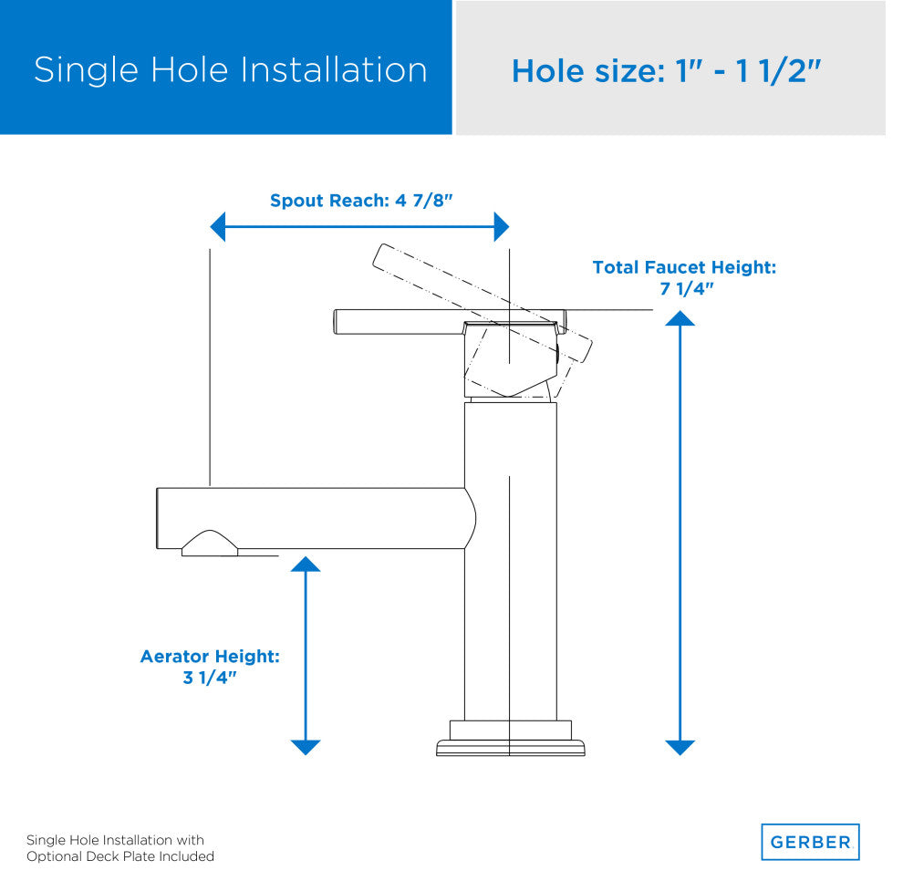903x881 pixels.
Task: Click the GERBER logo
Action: (810, 842)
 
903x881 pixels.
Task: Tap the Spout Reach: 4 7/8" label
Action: (361, 201)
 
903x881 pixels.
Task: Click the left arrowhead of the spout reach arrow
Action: (217, 227)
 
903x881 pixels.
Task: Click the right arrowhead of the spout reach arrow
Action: (502, 227)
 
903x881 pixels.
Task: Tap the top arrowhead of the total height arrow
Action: (680, 318)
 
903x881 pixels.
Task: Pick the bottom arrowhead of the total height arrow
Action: (680, 748)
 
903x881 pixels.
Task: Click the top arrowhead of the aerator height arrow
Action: (306, 564)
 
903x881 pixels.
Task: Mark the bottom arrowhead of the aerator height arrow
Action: (306, 748)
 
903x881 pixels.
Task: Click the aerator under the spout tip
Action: (210, 544)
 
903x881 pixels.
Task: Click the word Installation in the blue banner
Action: (334, 70)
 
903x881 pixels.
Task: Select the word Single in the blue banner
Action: (87, 71)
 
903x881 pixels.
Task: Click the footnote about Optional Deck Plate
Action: (120, 848)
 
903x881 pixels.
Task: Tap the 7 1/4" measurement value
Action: (687, 288)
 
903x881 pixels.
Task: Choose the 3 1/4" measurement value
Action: (210, 677)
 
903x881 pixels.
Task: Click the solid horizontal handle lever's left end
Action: (335, 322)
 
